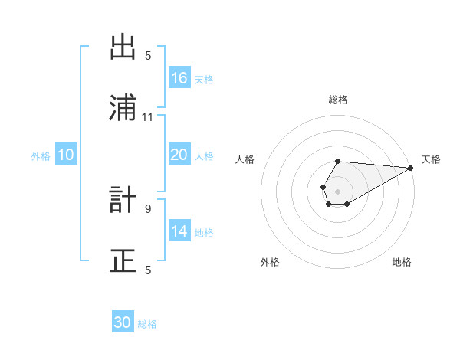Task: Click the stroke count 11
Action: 148,116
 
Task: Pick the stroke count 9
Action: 148,208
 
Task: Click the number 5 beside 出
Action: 148,55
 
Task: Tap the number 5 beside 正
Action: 148,269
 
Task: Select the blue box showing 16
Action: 179,77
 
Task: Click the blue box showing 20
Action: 179,155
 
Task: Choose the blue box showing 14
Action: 179,231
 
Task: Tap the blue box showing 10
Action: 65,155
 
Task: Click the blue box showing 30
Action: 123,322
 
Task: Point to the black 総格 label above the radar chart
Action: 338,100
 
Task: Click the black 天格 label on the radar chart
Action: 431,159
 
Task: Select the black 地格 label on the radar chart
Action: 402,262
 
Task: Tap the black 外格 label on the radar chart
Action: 270,262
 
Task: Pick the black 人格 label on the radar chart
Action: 245,159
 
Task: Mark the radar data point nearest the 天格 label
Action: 410,168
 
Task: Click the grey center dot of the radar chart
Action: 337,190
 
